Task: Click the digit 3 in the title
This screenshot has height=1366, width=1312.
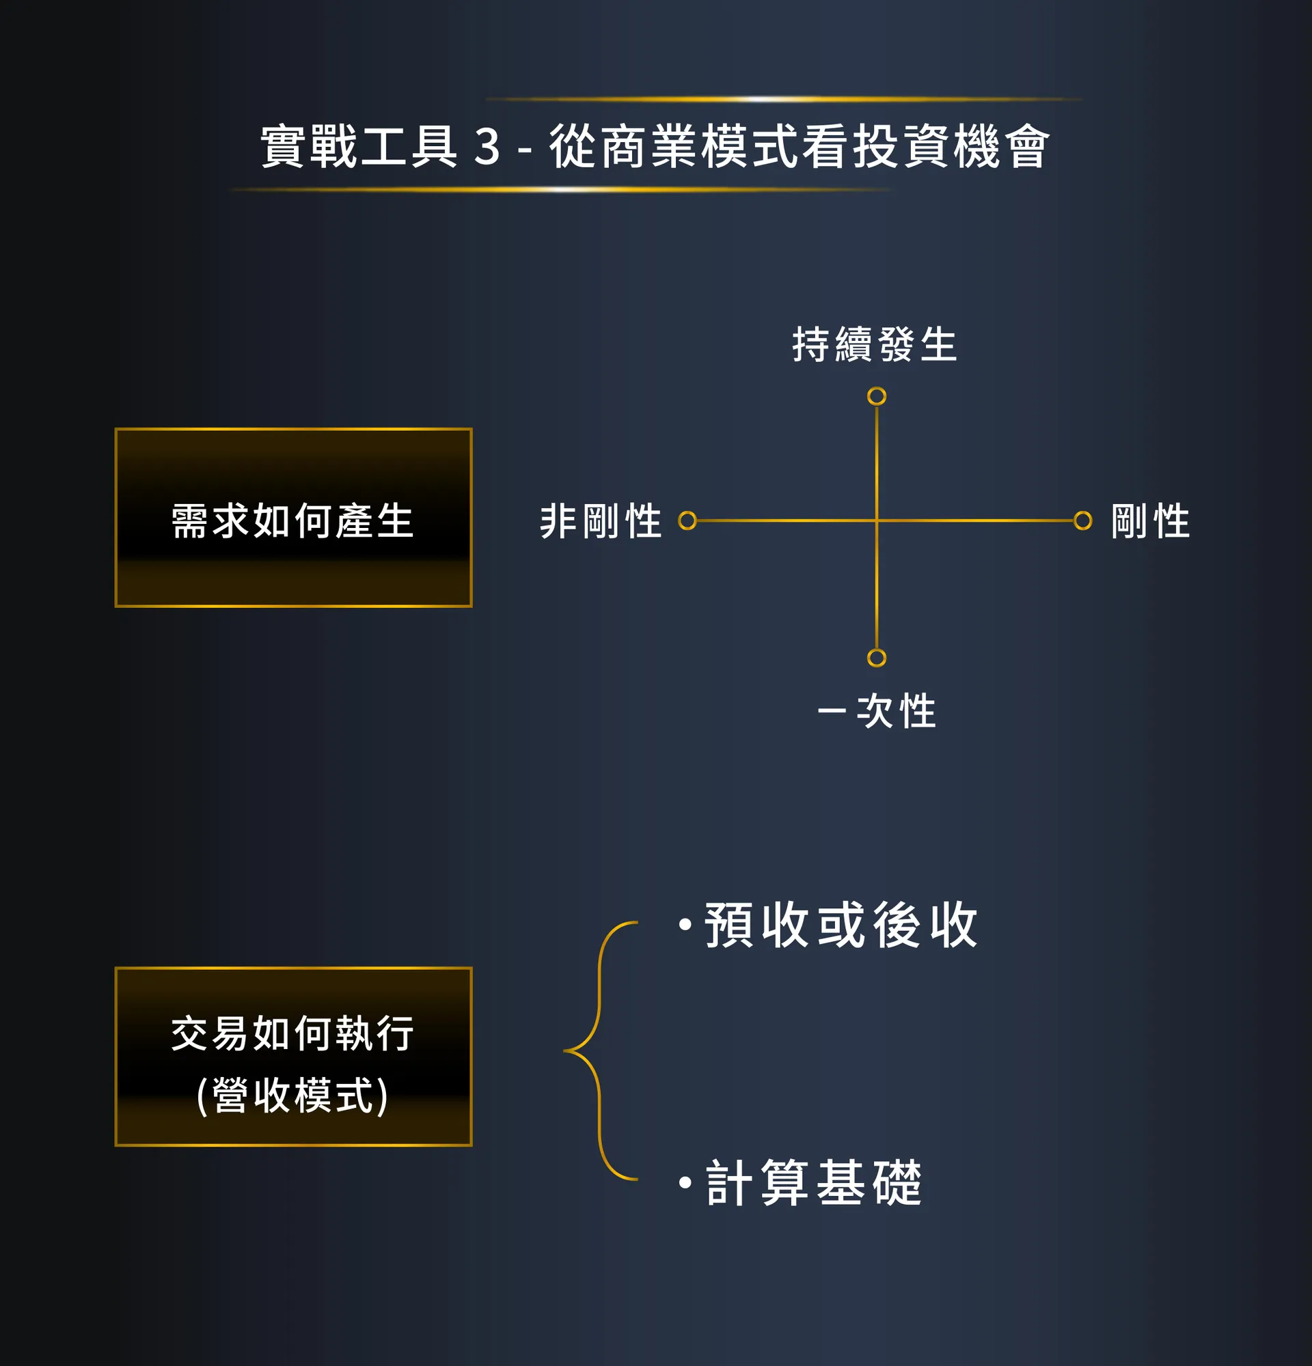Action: pos(487,147)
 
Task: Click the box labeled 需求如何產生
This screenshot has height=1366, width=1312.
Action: pos(294,517)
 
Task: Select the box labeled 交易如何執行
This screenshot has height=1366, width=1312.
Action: pos(294,1057)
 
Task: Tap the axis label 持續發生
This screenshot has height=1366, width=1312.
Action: pos(875,344)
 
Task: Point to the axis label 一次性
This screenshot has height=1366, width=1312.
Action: pos(877,711)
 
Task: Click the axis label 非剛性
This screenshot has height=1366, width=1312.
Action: pos(601,520)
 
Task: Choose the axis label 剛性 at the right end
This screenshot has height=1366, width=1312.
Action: pos(1150,520)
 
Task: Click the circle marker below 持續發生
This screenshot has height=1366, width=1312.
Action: pos(876,397)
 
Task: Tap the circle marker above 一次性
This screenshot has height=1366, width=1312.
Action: pos(876,658)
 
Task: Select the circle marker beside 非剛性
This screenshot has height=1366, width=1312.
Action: pos(687,520)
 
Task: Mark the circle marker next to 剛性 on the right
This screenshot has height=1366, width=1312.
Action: pos(1082,520)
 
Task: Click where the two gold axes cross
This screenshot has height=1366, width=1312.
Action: pos(876,520)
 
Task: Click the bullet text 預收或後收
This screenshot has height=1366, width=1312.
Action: pos(841,925)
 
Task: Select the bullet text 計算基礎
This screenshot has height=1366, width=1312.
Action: pos(814,1182)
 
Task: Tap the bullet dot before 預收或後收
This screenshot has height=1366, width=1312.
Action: pos(685,925)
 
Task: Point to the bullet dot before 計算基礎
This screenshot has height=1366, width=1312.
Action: pos(685,1182)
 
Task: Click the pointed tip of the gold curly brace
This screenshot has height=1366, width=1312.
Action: pos(564,1050)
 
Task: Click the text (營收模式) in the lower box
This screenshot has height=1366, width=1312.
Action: pos(292,1095)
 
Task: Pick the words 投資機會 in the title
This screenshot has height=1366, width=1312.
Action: pos(952,147)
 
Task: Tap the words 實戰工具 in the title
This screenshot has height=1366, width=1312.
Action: pos(359,147)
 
